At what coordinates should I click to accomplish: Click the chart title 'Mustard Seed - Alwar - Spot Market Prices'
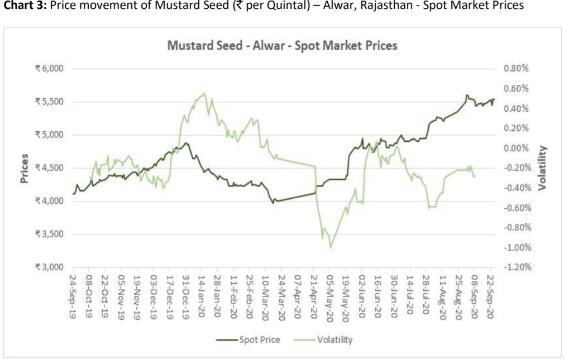click(282, 45)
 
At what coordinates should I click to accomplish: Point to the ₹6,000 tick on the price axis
click(50, 69)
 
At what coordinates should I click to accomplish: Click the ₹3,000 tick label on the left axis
click(50, 267)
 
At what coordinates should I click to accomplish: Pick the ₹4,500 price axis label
click(50, 168)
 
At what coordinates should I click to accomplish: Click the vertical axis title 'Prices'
click(24, 167)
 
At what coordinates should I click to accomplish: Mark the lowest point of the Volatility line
click(331, 248)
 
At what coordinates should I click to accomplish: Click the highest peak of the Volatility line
click(204, 93)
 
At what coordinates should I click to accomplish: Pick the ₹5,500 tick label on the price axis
click(50, 102)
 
